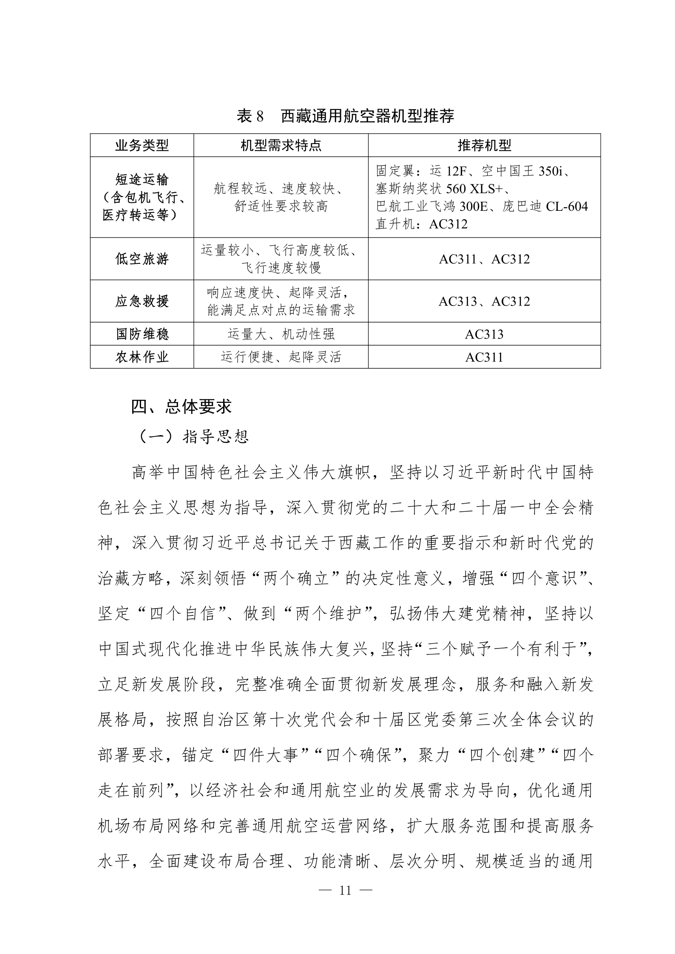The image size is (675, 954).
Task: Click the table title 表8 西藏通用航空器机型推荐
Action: click(x=345, y=116)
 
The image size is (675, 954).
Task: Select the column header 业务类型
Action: click(x=142, y=146)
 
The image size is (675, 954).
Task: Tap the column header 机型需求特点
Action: click(x=281, y=146)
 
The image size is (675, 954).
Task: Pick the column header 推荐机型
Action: click(x=484, y=146)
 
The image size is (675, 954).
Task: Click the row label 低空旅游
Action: click(x=142, y=259)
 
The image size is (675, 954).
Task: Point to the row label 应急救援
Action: click(x=142, y=301)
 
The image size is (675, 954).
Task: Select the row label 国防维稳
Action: click(x=142, y=334)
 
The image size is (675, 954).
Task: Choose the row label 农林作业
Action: click(x=142, y=357)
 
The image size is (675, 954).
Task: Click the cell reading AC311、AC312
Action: click(x=484, y=259)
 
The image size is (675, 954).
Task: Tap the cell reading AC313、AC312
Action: click(x=484, y=302)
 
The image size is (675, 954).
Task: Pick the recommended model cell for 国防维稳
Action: click(x=484, y=334)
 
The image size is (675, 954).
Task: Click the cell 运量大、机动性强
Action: click(x=281, y=334)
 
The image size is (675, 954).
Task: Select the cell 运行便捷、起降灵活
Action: click(x=281, y=357)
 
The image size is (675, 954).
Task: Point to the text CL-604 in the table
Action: click(x=567, y=207)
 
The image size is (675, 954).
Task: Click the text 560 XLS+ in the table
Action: click(x=474, y=189)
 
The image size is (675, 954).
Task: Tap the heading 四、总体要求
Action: click(x=182, y=407)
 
